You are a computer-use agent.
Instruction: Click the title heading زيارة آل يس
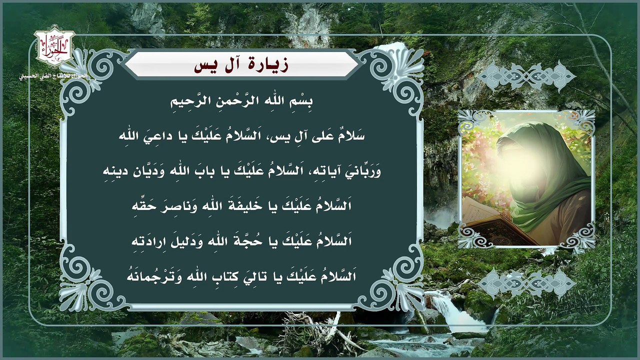[x=241, y=64]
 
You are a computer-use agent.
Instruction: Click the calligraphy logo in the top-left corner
[x=54, y=48]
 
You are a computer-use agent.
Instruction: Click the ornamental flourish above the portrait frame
[x=526, y=76]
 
